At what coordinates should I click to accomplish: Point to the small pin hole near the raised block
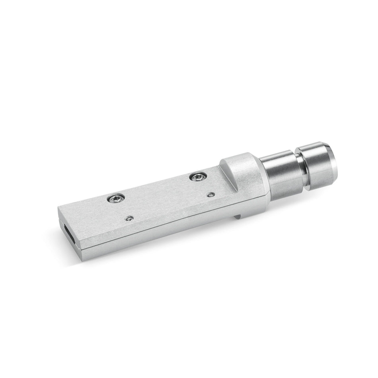pos(211,194)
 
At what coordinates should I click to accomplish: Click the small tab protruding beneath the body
pos(238,216)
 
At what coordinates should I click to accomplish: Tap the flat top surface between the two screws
pos(159,187)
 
